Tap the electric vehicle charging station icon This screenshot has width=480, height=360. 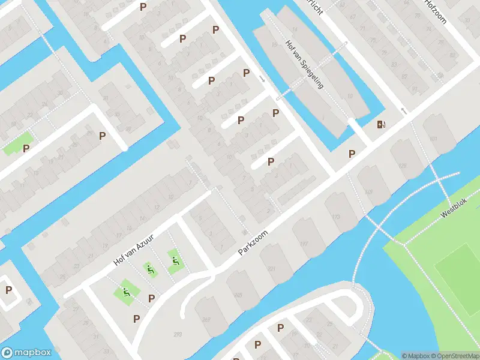point(381,125)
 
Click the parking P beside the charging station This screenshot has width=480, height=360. point(352,154)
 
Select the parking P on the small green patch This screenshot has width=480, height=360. point(26,148)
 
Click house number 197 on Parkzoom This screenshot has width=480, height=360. point(304,243)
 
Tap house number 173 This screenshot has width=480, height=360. point(335,217)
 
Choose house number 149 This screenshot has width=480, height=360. point(368,191)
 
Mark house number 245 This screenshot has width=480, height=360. point(238,295)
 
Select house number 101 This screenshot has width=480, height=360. point(433,139)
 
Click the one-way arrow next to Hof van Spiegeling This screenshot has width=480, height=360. point(262,79)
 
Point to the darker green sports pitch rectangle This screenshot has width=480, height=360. point(459,276)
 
